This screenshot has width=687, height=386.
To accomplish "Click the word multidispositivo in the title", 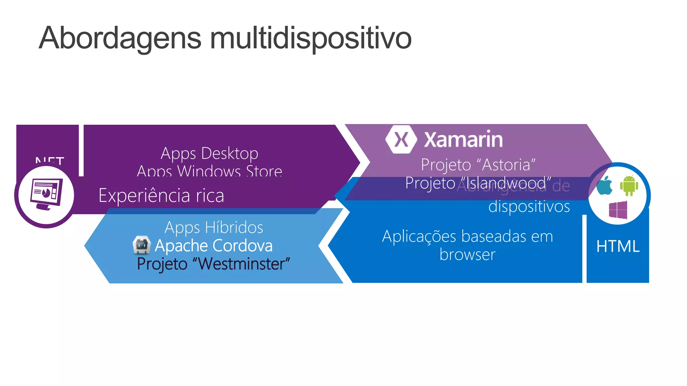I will (x=311, y=38).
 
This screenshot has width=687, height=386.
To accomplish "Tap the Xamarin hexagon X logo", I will (x=401, y=139).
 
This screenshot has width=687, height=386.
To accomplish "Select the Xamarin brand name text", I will (x=463, y=139).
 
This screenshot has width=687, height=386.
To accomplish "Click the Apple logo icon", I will (x=604, y=186).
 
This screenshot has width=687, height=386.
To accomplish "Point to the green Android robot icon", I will (x=629, y=185).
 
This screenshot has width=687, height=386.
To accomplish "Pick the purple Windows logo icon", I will (x=618, y=210).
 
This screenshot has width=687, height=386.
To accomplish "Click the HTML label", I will (x=618, y=246).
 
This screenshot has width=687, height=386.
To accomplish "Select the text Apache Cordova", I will (x=213, y=246).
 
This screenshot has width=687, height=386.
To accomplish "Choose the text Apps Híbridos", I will (x=214, y=227).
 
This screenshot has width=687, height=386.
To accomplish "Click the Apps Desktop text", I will (x=209, y=153).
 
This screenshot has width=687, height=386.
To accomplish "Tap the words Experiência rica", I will (x=161, y=195).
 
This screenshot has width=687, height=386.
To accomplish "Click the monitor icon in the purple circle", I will (x=46, y=195).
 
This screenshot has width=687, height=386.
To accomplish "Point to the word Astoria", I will (x=507, y=165).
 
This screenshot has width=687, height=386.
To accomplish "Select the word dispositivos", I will (x=529, y=206).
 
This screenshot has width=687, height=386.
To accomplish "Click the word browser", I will (x=467, y=255).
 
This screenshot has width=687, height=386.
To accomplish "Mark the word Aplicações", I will (x=419, y=236).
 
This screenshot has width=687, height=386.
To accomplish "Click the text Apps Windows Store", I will (x=209, y=171).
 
